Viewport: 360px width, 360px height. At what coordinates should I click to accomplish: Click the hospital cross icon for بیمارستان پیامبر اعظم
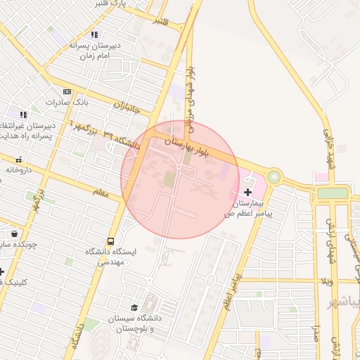pos(247,191)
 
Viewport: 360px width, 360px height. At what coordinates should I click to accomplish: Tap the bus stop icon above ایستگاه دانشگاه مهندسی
pos(110,242)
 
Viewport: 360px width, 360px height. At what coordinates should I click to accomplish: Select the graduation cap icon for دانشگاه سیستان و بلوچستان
pos(134,307)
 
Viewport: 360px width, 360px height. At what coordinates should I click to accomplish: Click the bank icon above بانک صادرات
pos(67,91)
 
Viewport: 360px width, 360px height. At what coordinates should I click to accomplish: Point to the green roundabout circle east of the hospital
pos(274,176)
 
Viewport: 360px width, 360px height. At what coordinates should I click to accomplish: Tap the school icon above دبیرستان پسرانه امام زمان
pos(94,34)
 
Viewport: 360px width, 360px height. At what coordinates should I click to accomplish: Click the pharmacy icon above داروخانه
pos(18,160)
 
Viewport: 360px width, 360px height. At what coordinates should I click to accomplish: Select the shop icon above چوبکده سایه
pos(14,233)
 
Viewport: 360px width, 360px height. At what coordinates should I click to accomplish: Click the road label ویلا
pos(326,281)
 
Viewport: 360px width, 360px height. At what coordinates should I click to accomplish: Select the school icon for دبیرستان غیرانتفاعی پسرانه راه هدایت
pos(23,114)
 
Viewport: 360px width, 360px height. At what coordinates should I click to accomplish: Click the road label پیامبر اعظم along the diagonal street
pos(229,292)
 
